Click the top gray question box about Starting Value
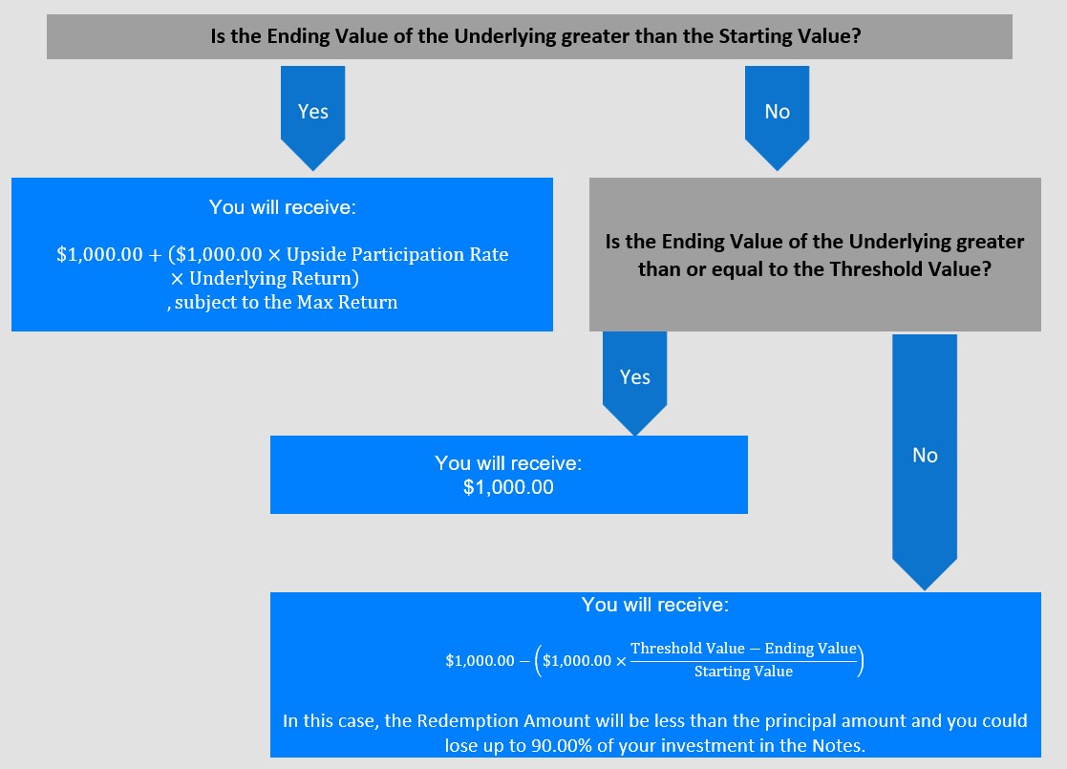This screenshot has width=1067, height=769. pos(529,36)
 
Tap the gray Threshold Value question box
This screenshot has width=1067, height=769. pos(815,254)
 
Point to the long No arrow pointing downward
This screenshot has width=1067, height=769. pos(925,462)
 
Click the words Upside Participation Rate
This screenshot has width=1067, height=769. pos(397,254)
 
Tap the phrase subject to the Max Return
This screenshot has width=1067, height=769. pos(286,302)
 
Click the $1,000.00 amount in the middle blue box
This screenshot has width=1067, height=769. pos(508,487)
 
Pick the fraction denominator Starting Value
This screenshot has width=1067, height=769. pos(743,672)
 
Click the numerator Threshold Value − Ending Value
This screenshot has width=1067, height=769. pos(743,649)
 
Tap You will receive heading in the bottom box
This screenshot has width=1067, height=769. pos(654,605)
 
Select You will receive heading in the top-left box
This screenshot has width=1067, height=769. pos(283,207)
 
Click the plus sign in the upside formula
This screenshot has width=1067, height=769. pos(155,255)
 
